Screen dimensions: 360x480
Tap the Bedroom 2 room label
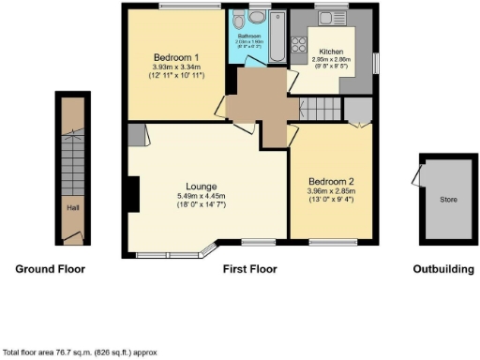[333, 183]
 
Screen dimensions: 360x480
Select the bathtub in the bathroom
[277, 37]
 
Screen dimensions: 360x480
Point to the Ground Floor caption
[50, 269]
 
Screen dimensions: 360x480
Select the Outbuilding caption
[443, 269]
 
